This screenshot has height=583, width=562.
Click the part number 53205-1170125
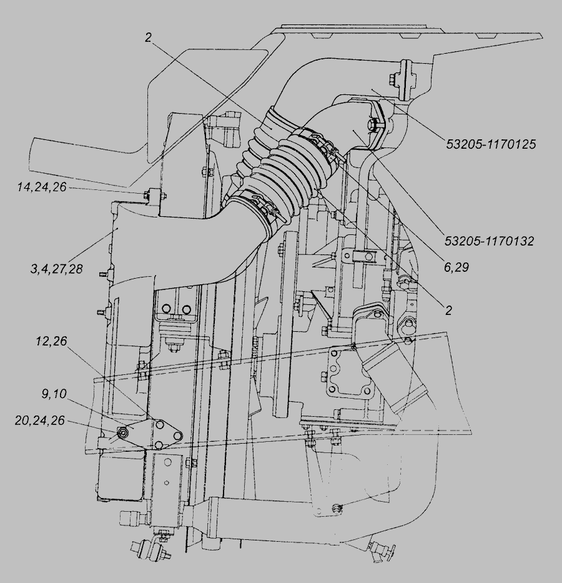491,144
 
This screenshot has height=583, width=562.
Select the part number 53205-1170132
489,241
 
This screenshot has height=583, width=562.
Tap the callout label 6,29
456,267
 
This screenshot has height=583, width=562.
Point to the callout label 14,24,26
42,187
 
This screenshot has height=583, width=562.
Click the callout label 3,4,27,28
56,269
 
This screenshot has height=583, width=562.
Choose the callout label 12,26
51,341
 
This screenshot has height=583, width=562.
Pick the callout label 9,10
54,394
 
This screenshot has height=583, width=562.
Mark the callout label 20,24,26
40,421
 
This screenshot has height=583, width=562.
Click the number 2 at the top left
148,37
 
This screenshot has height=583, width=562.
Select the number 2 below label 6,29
449,310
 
